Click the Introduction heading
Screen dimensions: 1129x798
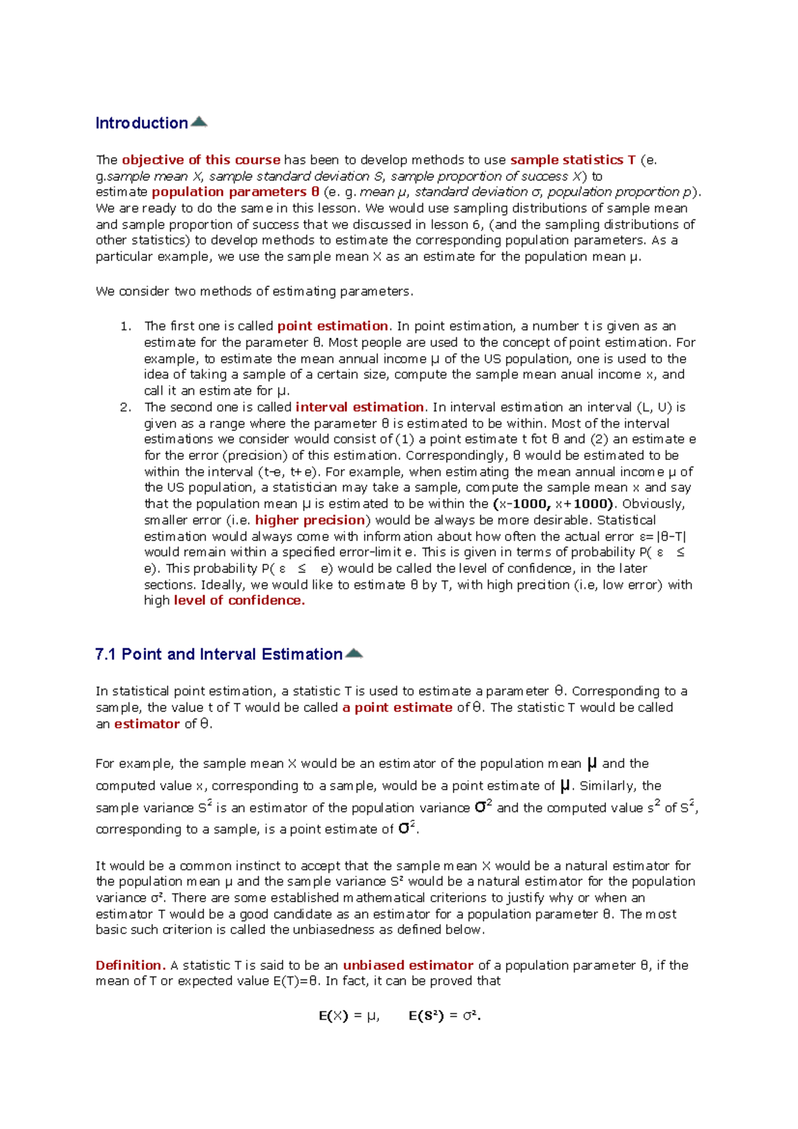(x=142, y=123)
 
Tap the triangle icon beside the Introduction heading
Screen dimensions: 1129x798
(x=199, y=122)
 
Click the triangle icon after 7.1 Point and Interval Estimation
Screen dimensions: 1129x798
(x=354, y=653)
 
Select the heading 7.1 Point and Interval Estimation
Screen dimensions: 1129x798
(x=219, y=654)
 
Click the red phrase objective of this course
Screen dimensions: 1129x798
(x=201, y=160)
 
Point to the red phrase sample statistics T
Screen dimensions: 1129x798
(x=572, y=160)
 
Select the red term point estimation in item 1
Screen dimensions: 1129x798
(x=332, y=326)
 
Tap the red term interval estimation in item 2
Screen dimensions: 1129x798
(x=360, y=407)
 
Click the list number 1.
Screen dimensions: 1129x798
(x=125, y=326)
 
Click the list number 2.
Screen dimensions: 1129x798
(x=125, y=408)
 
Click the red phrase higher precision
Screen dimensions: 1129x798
(x=311, y=520)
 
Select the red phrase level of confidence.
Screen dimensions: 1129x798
(x=239, y=600)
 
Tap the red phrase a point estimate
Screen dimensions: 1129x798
(x=397, y=707)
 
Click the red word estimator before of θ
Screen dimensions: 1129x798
(x=147, y=724)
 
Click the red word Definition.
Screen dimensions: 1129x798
(x=130, y=965)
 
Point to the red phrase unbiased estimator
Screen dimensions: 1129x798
(x=408, y=965)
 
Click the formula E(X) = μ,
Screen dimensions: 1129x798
(x=349, y=1016)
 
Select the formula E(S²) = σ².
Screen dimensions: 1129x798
(x=445, y=1016)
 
